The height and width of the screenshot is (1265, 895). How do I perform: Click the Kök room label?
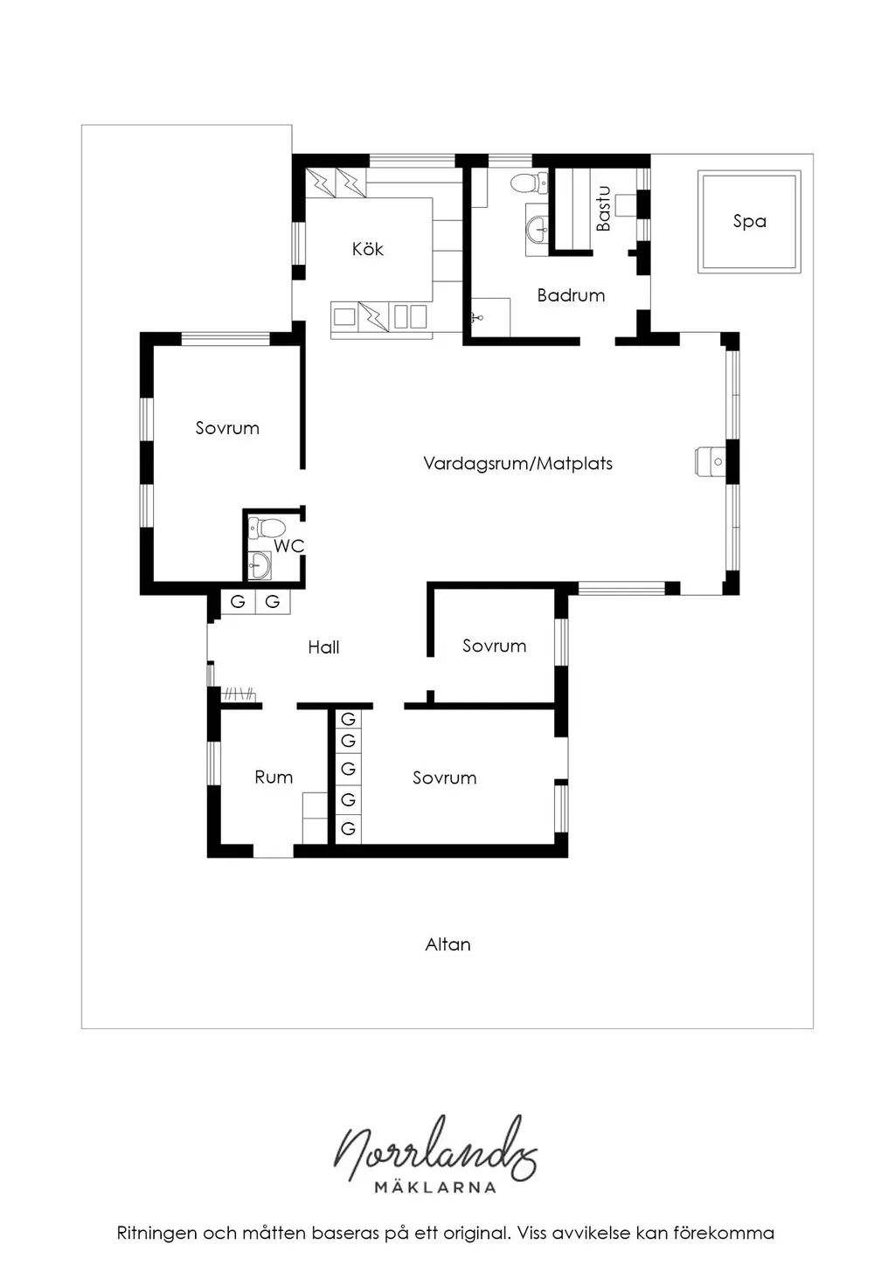point(367,248)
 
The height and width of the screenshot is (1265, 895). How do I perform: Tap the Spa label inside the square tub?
point(749,221)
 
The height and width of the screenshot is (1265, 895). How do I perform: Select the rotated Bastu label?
point(603,209)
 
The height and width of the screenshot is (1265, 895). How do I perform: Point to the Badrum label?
point(571,295)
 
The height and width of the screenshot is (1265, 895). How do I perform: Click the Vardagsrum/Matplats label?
point(517,464)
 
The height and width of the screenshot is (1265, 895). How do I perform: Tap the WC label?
point(288,545)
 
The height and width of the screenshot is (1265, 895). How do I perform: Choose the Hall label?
point(323,647)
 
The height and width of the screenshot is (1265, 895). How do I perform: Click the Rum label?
point(274,777)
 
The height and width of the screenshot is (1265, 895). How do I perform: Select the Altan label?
point(447,944)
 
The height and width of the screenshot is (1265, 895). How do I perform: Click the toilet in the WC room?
point(266,528)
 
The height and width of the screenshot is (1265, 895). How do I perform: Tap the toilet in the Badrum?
point(530,183)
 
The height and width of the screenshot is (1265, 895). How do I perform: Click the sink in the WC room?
point(260,564)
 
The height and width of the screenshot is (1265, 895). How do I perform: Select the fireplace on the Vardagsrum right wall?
point(710,461)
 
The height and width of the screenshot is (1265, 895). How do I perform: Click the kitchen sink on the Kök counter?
point(411,316)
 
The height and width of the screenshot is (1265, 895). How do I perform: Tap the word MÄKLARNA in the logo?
point(435,1186)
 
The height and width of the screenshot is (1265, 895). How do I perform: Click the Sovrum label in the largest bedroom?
point(227,428)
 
